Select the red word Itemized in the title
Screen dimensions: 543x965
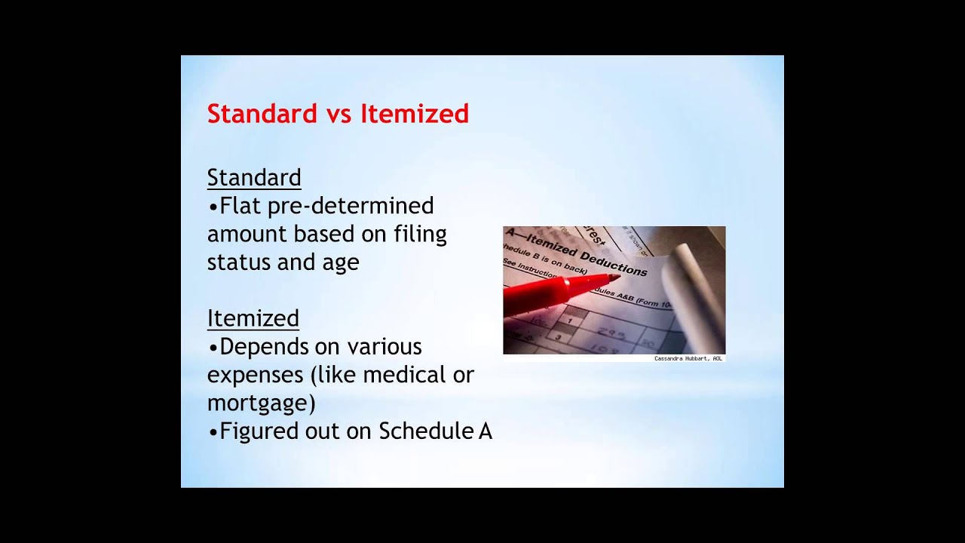[415, 114]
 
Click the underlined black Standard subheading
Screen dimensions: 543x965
[254, 178]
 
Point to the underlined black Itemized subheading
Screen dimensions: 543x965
[253, 318]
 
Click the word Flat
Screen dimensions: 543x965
[240, 206]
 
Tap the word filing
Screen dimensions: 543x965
[420, 235]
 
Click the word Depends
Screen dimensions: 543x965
[267, 347]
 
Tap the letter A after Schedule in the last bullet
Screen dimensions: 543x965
[486, 431]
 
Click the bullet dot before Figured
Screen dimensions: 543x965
[213, 431]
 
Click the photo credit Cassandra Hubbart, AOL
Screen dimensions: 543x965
[688, 358]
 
